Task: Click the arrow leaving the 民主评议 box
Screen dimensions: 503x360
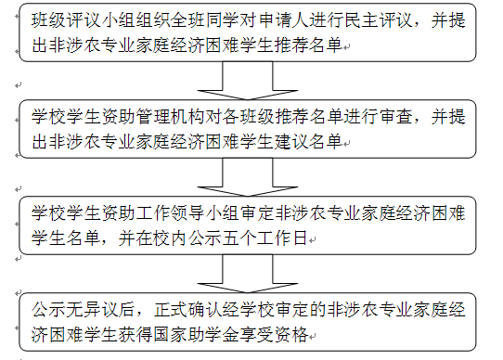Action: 248,80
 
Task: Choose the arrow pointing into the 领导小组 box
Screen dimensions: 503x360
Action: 248,177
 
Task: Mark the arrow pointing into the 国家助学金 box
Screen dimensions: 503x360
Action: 248,274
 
